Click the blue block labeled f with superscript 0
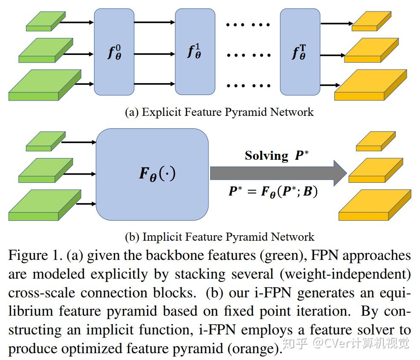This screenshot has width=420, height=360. pos(114,52)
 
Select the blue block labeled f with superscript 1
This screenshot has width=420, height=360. pos(195,52)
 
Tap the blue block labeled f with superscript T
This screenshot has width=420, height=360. pos(299,52)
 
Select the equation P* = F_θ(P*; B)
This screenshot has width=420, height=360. pos(273,191)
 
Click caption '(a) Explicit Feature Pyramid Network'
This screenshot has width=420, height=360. pos(219,112)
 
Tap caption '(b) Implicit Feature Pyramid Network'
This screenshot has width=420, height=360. pos(219,236)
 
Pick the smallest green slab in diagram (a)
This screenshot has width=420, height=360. pos(45,22)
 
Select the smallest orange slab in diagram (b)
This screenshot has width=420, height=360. pos(375,142)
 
